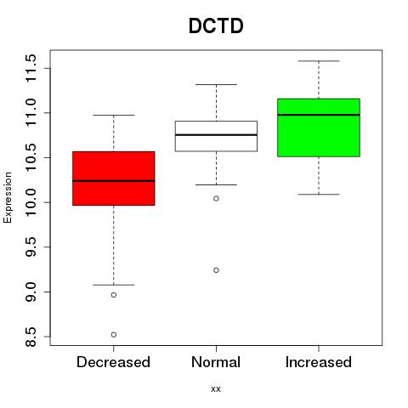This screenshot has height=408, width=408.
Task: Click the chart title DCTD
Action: coord(216,25)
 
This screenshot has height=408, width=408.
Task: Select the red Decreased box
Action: coord(114,178)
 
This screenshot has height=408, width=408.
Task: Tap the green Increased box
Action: coord(319,127)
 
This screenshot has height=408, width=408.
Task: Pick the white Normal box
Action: coord(216,136)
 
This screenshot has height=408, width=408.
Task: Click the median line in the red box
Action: coord(114,181)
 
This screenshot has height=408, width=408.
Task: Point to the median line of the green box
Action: coord(319,115)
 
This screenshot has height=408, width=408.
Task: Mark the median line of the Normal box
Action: coord(216,135)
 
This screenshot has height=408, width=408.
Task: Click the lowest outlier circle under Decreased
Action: coord(114,335)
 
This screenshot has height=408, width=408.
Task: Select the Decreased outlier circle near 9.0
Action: coord(114,295)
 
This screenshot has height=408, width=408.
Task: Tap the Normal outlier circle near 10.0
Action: coord(216,198)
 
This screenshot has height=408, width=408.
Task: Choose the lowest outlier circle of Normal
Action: coord(216,270)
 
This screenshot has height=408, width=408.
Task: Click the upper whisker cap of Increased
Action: coord(319,61)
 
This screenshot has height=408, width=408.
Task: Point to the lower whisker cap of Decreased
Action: coord(114,285)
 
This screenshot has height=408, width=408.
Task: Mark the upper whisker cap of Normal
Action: coord(216,84)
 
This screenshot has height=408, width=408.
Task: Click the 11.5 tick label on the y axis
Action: coord(31,68)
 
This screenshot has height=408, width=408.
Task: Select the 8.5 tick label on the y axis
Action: coord(31,337)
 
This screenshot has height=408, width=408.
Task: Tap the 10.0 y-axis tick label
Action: coord(31,202)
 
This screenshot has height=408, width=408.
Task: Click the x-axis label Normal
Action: coord(216,362)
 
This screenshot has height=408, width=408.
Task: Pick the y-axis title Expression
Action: coord(8,197)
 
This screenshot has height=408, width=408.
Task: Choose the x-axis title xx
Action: coord(216,389)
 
